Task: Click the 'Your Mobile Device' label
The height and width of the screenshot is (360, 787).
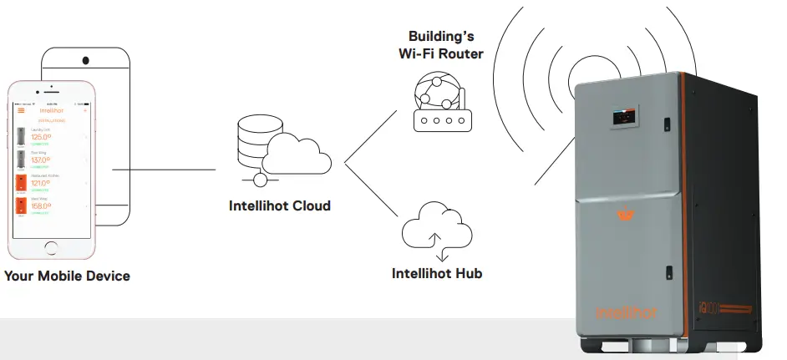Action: click(67, 276)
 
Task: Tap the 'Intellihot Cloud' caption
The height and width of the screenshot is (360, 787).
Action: click(280, 205)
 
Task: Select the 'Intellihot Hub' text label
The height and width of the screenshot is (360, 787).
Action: click(437, 273)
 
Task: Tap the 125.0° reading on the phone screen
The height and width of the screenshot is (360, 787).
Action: click(42, 137)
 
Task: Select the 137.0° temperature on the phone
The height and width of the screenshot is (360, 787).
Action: click(42, 160)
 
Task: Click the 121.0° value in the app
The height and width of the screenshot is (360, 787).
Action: click(42, 183)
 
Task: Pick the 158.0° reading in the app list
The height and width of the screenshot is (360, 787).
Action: click(42, 205)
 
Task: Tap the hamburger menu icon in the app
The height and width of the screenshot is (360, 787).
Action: click(22, 109)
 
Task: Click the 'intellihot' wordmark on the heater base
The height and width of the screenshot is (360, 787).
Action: click(627, 312)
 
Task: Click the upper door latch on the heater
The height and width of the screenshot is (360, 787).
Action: click(668, 124)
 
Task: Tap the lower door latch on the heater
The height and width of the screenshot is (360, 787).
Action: click(669, 271)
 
